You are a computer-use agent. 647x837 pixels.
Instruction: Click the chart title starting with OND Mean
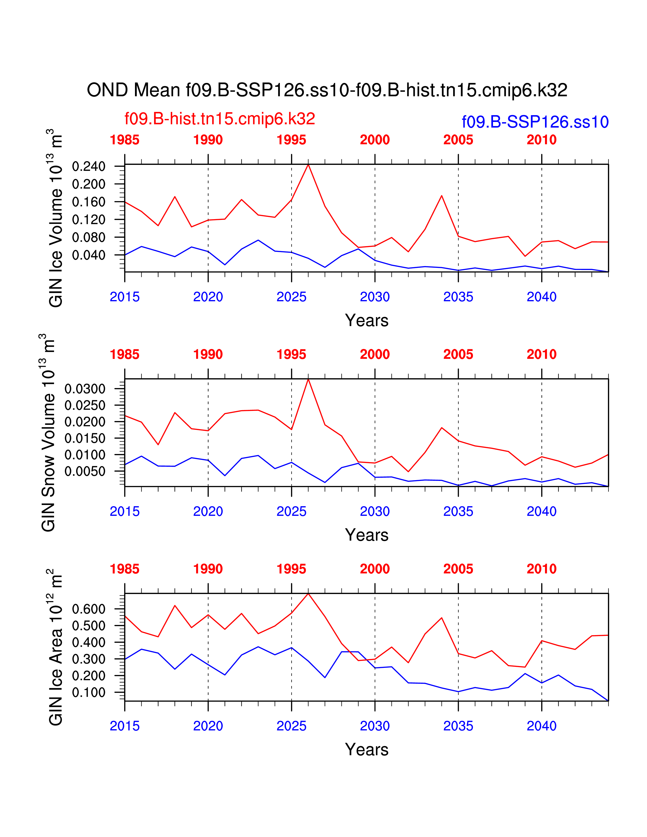click(x=327, y=91)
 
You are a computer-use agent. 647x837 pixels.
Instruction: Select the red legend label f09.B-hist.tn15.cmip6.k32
click(x=220, y=119)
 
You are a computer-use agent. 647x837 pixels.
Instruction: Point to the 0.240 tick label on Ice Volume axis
click(x=89, y=167)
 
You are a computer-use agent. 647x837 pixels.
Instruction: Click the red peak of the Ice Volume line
click(x=308, y=165)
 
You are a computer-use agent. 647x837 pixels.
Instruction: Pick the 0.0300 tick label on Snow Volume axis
click(x=85, y=389)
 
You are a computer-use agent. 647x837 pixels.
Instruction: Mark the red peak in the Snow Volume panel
click(x=308, y=379)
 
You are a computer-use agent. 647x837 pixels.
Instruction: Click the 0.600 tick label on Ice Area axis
click(x=89, y=609)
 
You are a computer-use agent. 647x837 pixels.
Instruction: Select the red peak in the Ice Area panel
click(x=308, y=594)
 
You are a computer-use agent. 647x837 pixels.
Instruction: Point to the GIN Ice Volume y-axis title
click(x=56, y=218)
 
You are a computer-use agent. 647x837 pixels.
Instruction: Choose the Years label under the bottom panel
click(x=366, y=749)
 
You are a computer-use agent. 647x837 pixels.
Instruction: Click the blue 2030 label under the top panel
click(x=374, y=297)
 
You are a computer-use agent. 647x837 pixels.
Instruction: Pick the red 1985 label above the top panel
click(x=125, y=140)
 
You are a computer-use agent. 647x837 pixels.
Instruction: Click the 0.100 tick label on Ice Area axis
click(x=89, y=692)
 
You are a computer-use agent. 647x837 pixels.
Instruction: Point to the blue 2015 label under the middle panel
click(x=125, y=512)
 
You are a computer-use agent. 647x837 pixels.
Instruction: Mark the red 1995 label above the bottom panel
click(x=291, y=569)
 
